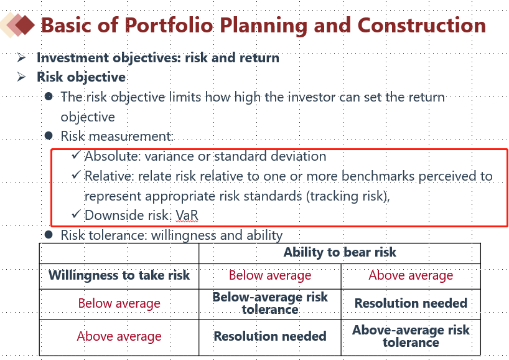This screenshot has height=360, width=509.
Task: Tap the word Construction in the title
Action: tap(422, 26)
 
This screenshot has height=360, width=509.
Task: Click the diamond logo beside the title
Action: tap(17, 25)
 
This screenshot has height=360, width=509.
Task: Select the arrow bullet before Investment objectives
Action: tap(21, 58)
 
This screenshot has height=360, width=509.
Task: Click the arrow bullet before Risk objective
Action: tap(21, 77)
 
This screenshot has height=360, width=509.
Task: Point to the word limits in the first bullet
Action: tap(185, 97)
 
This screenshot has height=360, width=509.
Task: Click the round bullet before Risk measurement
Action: tap(49, 135)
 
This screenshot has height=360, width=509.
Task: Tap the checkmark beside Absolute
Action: tap(76, 154)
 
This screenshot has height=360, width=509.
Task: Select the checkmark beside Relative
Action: tap(76, 175)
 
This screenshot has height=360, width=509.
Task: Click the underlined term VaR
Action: tap(187, 216)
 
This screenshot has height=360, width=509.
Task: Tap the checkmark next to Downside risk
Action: tap(76, 214)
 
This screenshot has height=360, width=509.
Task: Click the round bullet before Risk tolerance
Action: tap(49, 234)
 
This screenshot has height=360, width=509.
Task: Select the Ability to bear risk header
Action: tap(340, 252)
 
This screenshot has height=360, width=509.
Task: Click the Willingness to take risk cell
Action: tap(119, 275)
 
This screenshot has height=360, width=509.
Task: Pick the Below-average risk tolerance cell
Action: tap(270, 303)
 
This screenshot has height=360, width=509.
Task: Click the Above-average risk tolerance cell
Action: tap(411, 336)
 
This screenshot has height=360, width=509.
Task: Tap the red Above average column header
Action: tap(411, 275)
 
